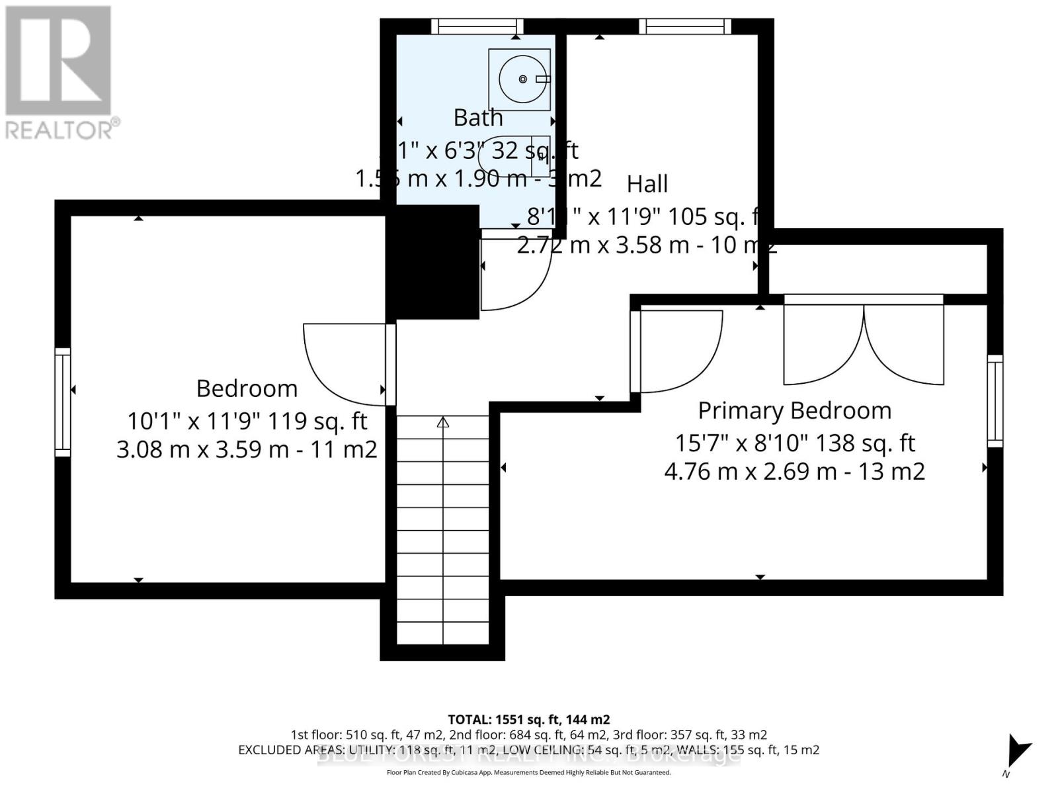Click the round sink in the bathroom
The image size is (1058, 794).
tap(522, 79)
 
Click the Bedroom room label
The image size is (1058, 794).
tap(247, 388)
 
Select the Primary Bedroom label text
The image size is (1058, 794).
tap(794, 410)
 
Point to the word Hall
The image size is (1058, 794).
tap(647, 184)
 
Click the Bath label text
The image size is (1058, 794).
tap(477, 118)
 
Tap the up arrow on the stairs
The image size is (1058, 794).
tap(442, 422)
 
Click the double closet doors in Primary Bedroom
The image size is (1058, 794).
tap(863, 341)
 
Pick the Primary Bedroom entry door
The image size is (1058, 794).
tap(678, 351)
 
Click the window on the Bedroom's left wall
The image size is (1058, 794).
tap(63, 402)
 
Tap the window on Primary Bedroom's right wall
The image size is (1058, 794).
tap(995, 401)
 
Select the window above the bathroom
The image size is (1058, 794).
tap(477, 26)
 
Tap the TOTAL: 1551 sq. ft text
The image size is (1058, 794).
tap(528, 719)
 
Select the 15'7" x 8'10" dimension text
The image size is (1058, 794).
tap(794, 443)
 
